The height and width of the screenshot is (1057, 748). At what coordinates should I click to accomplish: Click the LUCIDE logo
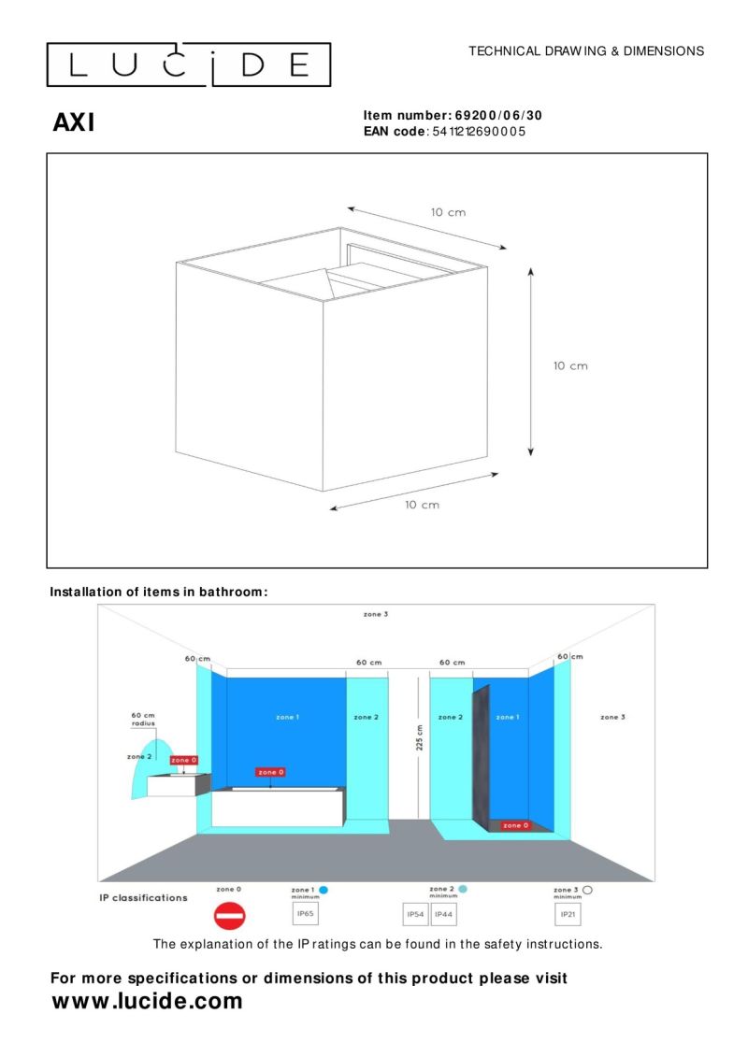pos(189,64)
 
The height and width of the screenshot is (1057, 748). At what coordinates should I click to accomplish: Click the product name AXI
pos(74,122)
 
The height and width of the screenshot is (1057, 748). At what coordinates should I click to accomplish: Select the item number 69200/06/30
pos(498,116)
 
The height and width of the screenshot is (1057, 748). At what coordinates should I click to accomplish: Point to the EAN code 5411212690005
pos(480,132)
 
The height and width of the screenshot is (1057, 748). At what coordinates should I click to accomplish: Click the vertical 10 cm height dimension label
pos(570,365)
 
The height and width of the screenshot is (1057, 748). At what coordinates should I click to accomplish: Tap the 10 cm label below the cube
pos(422,505)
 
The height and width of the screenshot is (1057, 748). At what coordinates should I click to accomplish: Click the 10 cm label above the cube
pos(448,212)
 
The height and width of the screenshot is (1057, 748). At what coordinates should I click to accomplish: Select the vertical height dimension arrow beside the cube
pos(531,361)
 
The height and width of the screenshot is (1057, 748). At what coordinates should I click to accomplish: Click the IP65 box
pos(306,912)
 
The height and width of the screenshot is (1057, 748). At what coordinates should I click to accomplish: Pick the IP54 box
pos(415,912)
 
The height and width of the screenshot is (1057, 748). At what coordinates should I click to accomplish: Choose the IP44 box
pos(444,912)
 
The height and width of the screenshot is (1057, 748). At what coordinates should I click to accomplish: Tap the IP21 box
pos(568,912)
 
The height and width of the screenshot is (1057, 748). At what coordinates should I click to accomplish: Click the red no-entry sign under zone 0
pos(229,916)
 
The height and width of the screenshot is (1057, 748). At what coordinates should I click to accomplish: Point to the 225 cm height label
pos(420,738)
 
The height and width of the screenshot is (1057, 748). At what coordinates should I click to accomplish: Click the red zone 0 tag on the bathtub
pos(270,772)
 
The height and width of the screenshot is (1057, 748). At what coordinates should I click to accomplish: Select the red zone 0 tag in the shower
pos(514,825)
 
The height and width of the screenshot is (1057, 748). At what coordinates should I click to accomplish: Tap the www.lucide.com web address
pos(147,1001)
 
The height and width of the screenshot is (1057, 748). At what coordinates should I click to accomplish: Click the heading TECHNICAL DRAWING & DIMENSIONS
pos(586,51)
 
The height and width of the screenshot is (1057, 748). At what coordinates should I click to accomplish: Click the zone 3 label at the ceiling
pos(376,614)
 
